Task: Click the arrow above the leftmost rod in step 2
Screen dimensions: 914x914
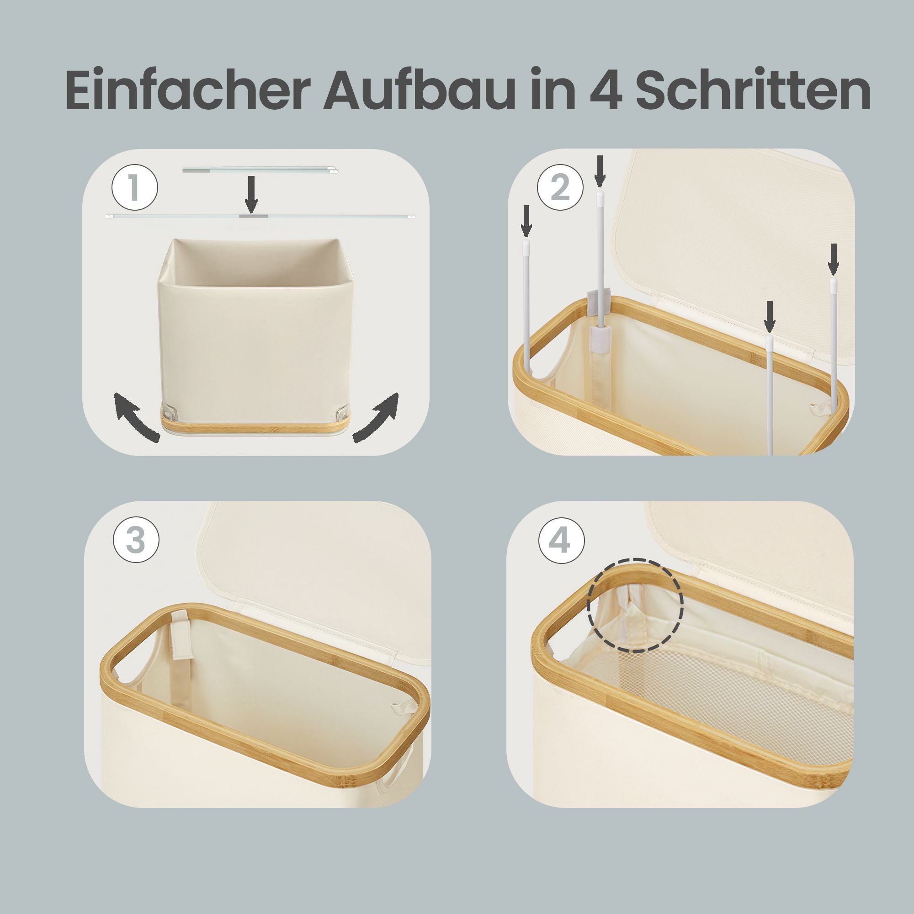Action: (x=526, y=220)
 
